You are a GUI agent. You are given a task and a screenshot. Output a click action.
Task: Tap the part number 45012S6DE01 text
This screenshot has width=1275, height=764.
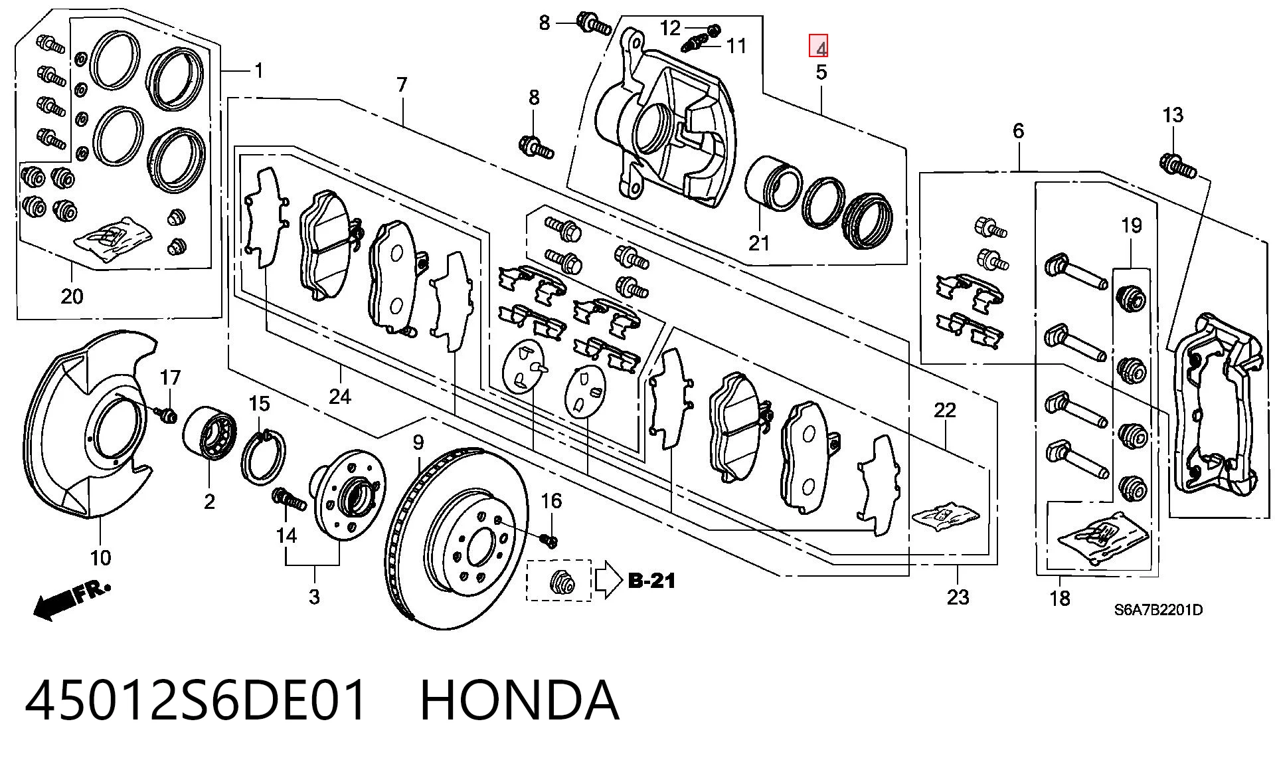(x=196, y=700)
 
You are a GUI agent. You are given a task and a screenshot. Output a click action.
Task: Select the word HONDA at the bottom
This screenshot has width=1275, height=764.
(x=520, y=700)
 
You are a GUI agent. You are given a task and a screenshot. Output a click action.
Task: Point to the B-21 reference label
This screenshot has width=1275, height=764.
(x=651, y=581)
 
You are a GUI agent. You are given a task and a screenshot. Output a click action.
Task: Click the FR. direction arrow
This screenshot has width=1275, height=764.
(x=72, y=599)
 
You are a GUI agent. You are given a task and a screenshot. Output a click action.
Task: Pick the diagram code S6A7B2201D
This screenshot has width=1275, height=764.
(x=1157, y=609)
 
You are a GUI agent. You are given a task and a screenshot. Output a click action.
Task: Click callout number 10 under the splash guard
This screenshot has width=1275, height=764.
(x=101, y=557)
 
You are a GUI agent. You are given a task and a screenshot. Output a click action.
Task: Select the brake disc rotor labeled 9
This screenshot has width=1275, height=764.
(x=458, y=538)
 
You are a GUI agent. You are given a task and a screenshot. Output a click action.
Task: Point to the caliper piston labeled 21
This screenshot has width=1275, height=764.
(x=772, y=184)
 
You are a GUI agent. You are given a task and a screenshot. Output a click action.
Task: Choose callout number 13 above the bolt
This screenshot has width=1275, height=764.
(x=1173, y=115)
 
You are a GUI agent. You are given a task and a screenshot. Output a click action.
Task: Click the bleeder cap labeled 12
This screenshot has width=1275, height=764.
(x=714, y=29)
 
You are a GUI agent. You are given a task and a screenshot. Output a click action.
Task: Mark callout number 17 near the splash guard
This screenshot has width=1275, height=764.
(x=170, y=377)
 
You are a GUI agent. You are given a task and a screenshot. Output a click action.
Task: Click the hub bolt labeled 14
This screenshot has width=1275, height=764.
(x=289, y=498)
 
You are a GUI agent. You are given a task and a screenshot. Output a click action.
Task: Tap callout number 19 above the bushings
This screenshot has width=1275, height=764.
(x=1131, y=225)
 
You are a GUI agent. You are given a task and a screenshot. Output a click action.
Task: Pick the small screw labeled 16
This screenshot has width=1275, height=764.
(x=549, y=540)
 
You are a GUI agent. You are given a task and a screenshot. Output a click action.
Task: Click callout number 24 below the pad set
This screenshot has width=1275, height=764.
(x=339, y=397)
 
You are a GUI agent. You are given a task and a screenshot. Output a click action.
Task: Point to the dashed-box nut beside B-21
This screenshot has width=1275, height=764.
(x=560, y=583)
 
